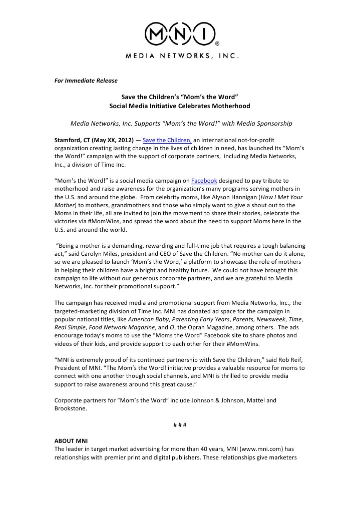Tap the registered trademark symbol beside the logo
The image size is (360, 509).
click(217, 42)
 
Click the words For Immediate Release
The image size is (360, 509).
click(86, 81)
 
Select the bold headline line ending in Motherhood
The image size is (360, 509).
click(179, 106)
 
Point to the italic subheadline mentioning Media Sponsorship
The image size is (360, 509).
click(181, 123)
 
